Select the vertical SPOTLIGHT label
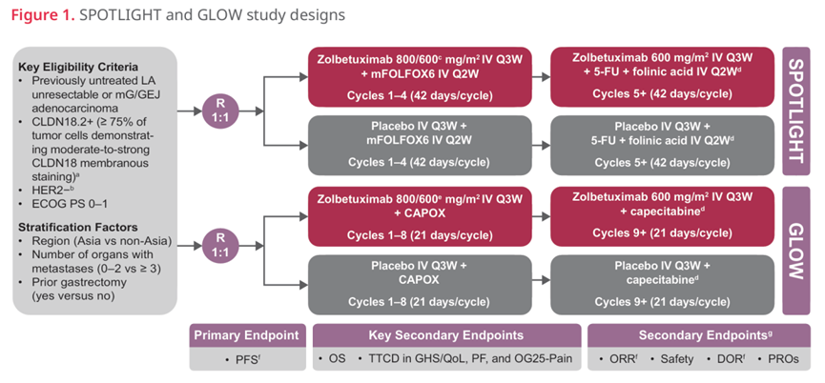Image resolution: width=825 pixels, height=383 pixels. click(795, 111)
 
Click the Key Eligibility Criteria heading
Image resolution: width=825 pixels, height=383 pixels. click(78, 68)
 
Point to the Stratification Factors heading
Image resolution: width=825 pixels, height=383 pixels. click(78, 228)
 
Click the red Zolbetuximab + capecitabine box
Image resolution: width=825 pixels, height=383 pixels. click(663, 216)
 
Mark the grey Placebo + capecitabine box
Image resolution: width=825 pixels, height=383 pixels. click(663, 285)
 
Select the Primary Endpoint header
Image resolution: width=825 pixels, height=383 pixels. click(247, 335)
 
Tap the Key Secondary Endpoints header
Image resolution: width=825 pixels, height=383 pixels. click(446, 335)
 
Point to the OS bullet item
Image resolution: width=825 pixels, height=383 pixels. click(332, 360)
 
